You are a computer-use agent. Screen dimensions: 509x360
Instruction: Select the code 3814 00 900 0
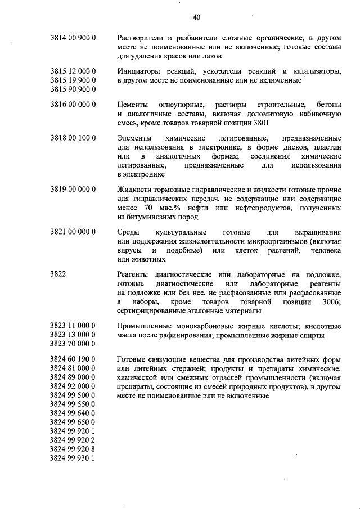pyautogui.click(x=73, y=38)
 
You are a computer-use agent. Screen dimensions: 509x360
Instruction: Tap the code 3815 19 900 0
pyautogui.click(x=73, y=80)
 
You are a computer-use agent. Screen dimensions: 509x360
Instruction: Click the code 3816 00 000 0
pyautogui.click(x=73, y=105)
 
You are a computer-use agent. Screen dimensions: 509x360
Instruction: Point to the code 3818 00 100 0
pyautogui.click(x=73, y=138)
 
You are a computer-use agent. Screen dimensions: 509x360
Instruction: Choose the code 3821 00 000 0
pyautogui.click(x=73, y=232)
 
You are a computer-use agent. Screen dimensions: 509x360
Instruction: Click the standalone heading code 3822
pyautogui.click(x=58, y=274)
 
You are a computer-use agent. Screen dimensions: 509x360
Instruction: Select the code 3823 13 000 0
pyautogui.click(x=73, y=335)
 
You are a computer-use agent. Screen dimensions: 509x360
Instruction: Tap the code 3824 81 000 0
pyautogui.click(x=73, y=368)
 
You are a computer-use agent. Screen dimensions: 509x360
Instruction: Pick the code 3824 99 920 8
pyautogui.click(x=73, y=449)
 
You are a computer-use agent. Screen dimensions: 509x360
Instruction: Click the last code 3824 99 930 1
pyautogui.click(x=73, y=458)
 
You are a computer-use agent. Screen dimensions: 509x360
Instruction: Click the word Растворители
pyautogui.click(x=142, y=38)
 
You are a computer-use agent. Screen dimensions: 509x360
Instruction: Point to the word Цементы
pyautogui.click(x=134, y=105)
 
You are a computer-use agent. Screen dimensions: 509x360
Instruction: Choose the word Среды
pyautogui.click(x=128, y=232)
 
